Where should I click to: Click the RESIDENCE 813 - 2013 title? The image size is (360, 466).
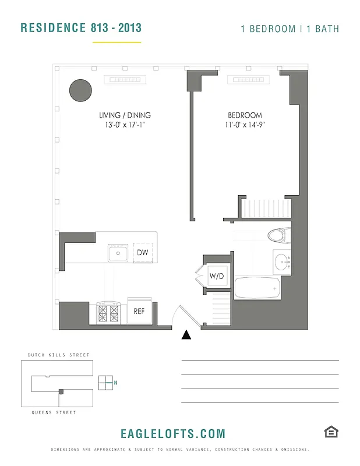tap(81, 28)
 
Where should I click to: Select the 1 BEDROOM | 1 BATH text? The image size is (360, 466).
tap(290, 29)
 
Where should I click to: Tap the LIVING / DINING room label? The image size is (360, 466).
tap(125, 115)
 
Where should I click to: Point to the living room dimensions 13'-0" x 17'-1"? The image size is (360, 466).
tap(125, 125)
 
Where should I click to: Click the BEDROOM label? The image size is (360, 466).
tap(245, 115)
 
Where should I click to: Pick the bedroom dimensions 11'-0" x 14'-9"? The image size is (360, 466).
tap(245, 125)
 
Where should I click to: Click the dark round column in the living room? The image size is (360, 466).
tap(80, 90)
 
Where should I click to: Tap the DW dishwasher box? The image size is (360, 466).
tap(143, 253)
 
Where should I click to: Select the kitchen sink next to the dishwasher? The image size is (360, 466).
tap(118, 253)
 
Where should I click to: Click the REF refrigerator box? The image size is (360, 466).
tap(139, 311)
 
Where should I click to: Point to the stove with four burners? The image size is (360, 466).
tap(109, 313)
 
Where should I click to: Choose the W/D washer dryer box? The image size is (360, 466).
tap(217, 276)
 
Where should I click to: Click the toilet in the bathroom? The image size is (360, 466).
tap(278, 235)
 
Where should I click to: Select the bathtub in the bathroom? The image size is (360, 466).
tap(257, 288)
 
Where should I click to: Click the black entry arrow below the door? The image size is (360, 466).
tap(186, 334)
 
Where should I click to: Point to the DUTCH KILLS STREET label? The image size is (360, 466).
tap(59, 355)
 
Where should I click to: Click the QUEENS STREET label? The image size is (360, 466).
tap(54, 412)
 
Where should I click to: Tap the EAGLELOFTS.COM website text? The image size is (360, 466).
tap(172, 434)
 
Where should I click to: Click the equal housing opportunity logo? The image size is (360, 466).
tap(331, 432)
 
